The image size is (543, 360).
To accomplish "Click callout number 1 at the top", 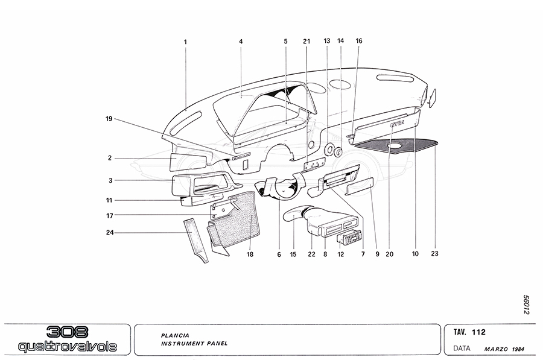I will [x=186, y=42].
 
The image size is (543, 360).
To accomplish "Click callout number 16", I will [x=359, y=41].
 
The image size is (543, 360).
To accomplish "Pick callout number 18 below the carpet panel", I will [x=250, y=254].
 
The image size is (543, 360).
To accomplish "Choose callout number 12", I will [x=340, y=254].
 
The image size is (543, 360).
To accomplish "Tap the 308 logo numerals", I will [x=67, y=333].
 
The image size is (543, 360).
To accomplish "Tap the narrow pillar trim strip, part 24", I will [x=197, y=241].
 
